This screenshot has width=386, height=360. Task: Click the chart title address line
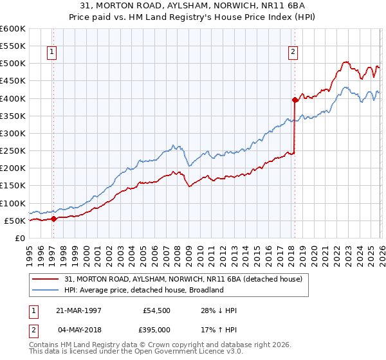coord(193,6)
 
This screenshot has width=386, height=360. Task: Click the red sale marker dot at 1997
coord(53,219)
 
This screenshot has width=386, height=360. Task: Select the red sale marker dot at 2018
coord(295,100)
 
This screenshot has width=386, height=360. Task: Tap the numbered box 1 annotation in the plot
coord(51,53)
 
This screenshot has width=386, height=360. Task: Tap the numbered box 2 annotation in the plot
coord(293,53)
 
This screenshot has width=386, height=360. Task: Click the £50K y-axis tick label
coord(15,221)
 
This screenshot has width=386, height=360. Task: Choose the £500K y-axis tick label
coord(13,64)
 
